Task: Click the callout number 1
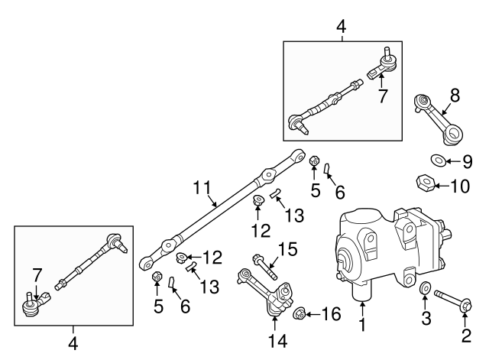click(364, 326)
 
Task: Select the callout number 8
click(455, 96)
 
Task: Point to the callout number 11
click(201, 186)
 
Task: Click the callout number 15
click(287, 248)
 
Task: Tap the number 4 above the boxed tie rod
click(341, 28)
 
